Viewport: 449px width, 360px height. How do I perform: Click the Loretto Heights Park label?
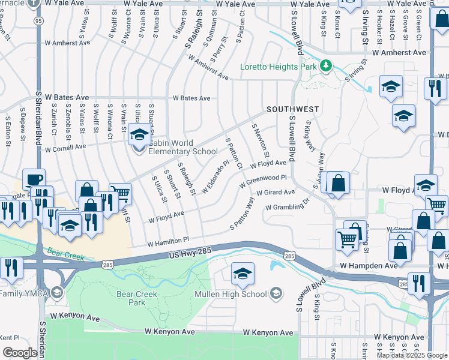point(279,67)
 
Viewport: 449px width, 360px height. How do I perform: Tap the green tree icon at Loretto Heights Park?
point(326,65)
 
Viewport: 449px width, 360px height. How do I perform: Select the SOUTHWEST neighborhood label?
point(292,109)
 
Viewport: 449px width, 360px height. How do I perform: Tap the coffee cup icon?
point(34,179)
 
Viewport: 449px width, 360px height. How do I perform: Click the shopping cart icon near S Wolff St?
point(120,193)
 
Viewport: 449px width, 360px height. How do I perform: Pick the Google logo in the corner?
point(20,353)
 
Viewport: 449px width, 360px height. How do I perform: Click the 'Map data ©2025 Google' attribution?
point(412,355)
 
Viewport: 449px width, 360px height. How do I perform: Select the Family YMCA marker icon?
point(57,293)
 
